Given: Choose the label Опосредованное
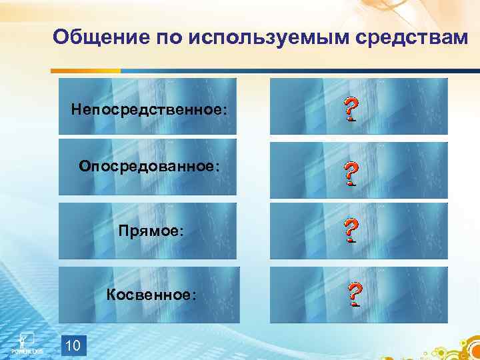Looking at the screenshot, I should [x=149, y=165].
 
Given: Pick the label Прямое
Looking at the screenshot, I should [x=149, y=230].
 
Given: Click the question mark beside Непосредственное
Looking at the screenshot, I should [x=349, y=109].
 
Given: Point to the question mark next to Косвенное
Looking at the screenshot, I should [x=355, y=294].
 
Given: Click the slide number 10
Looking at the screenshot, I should [x=73, y=344].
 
